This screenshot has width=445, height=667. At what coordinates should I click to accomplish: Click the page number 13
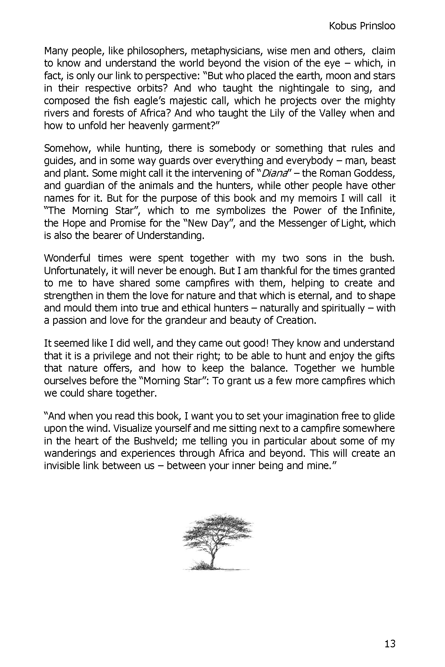389,644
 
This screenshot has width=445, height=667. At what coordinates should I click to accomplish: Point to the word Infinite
377,210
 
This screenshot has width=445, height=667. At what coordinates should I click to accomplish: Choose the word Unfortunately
74,270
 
